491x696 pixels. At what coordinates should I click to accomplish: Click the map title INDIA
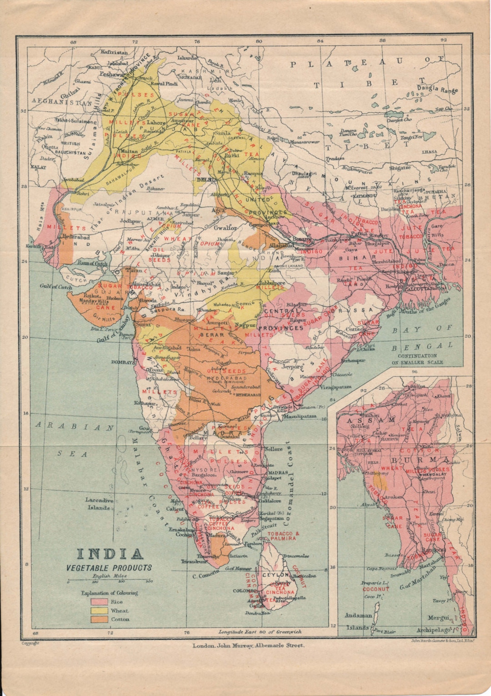click(x=110, y=554)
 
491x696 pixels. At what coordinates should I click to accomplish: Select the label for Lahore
click(x=156, y=123)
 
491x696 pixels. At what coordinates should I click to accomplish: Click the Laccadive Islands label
click(x=98, y=504)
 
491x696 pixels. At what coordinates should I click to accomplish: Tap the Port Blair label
click(x=384, y=631)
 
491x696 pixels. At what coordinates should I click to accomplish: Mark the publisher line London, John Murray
click(x=248, y=645)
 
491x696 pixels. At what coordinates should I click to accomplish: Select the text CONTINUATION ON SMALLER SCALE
click(x=417, y=359)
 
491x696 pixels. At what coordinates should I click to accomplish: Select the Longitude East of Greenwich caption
click(x=260, y=631)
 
